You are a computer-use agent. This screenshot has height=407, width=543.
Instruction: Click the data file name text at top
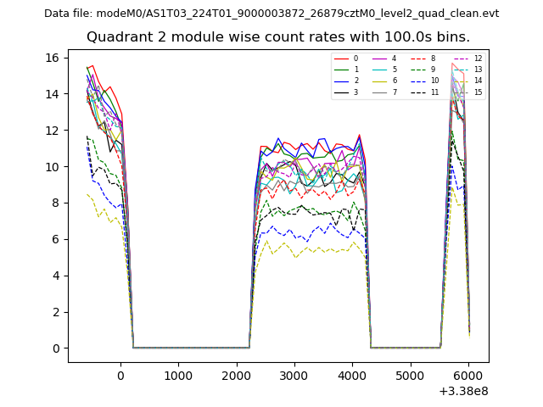(x=271, y=14)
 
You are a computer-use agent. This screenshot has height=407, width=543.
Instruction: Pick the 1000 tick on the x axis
(x=178, y=375)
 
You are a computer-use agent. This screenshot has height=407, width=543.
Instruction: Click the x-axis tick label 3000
(x=294, y=375)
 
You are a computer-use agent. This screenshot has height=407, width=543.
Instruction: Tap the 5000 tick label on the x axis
(x=410, y=375)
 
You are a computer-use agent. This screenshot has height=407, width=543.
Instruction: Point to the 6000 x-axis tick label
(x=467, y=375)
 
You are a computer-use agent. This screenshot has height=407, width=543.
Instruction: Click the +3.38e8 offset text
(x=463, y=391)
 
